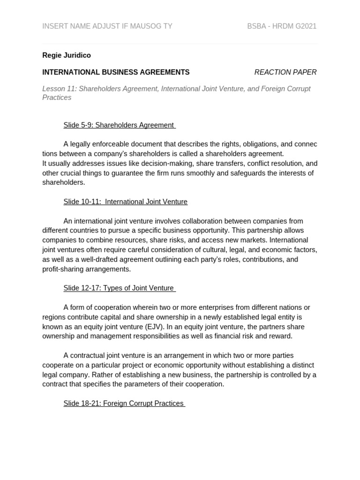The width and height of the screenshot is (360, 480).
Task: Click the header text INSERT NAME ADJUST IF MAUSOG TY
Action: coord(107,26)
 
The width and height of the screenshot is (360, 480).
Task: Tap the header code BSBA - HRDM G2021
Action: coord(282,26)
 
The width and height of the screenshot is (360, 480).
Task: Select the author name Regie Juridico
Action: coord(67,55)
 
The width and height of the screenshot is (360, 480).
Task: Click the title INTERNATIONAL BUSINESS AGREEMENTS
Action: coord(116,72)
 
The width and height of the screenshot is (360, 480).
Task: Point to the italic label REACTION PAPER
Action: coord(285,72)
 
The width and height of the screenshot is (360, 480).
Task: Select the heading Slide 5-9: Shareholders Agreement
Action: coord(119,125)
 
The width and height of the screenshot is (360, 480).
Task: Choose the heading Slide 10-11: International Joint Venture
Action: coord(125,202)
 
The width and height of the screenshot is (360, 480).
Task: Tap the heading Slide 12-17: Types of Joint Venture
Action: coord(119,288)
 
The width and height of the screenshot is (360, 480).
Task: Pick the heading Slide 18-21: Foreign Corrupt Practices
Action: coord(124,403)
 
